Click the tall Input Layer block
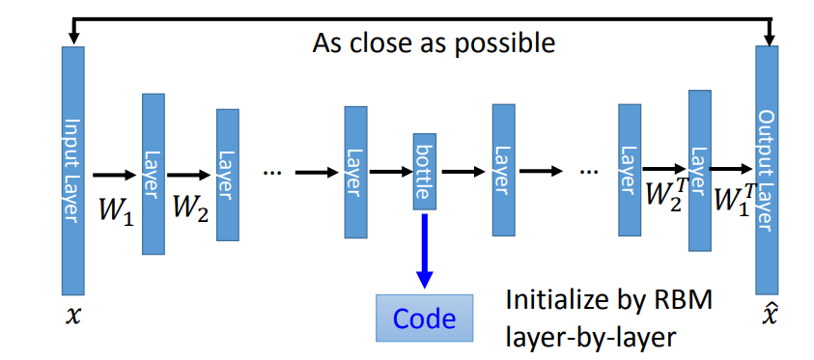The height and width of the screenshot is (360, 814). pyautogui.click(x=73, y=171)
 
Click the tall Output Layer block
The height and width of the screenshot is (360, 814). pyautogui.click(x=767, y=170)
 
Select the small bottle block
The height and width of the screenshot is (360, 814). pyautogui.click(x=425, y=172)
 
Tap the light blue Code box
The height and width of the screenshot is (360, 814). pyautogui.click(x=425, y=318)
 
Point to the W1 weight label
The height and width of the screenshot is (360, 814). pyautogui.click(x=116, y=209)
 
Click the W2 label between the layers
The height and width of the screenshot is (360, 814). pyautogui.click(x=190, y=209)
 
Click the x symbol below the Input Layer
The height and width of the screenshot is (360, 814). pyautogui.click(x=73, y=316)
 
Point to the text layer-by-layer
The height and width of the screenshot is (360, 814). pyautogui.click(x=591, y=337)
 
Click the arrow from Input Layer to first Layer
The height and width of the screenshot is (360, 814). pyautogui.click(x=114, y=176)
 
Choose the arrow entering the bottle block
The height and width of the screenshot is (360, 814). pyautogui.click(x=391, y=172)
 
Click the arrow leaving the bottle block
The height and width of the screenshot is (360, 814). pyautogui.click(x=463, y=171)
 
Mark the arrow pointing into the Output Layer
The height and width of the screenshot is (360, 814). pyautogui.click(x=731, y=169)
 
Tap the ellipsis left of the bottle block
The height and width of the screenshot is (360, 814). pyautogui.click(x=272, y=173)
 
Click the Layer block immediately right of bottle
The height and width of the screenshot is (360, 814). pyautogui.click(x=503, y=170)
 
